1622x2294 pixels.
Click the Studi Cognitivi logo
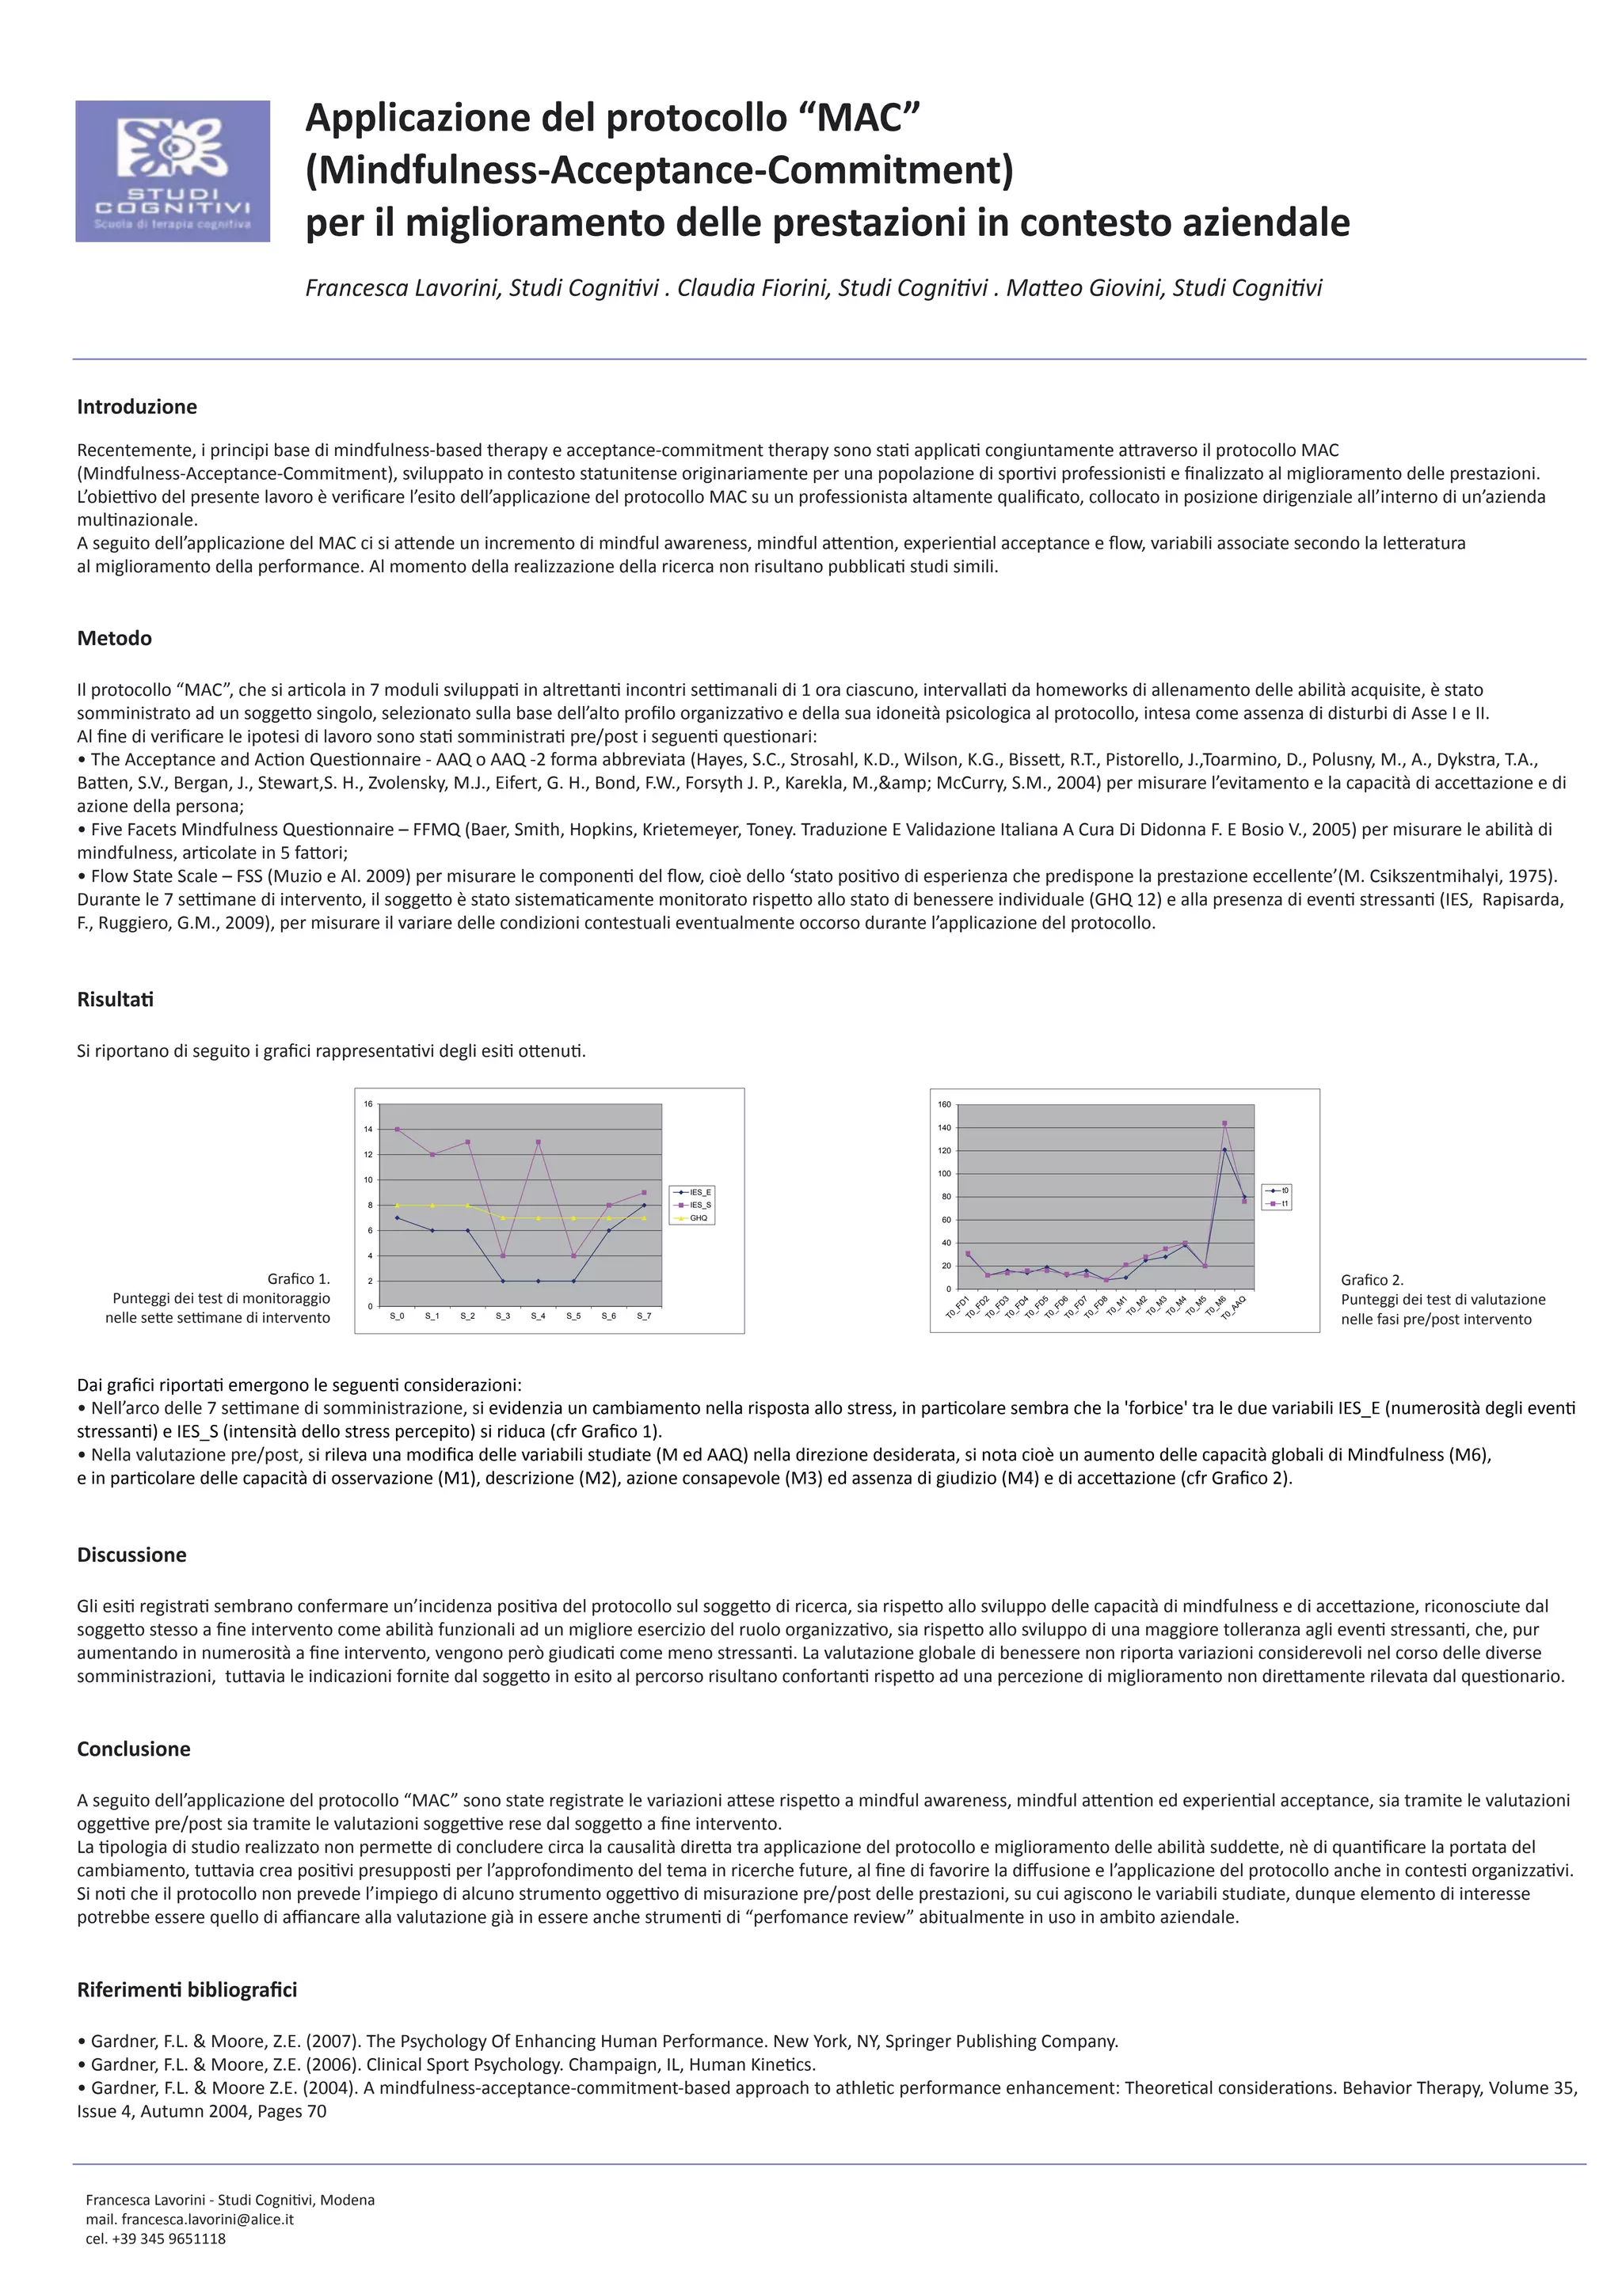(172, 171)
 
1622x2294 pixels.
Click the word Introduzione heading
(137, 407)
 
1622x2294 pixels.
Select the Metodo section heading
(114, 639)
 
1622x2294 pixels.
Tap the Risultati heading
(115, 999)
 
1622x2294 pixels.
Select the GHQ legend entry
(698, 1218)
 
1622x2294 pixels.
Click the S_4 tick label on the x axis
(538, 1316)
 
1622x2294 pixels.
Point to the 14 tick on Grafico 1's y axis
(367, 1129)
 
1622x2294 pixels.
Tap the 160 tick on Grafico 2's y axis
(943, 1104)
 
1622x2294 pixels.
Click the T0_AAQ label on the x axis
(1234, 1307)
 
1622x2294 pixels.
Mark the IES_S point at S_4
(539, 1142)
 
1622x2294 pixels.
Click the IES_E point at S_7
(645, 1205)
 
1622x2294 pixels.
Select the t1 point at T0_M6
(1224, 1123)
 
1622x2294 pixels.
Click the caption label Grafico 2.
(1371, 1280)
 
